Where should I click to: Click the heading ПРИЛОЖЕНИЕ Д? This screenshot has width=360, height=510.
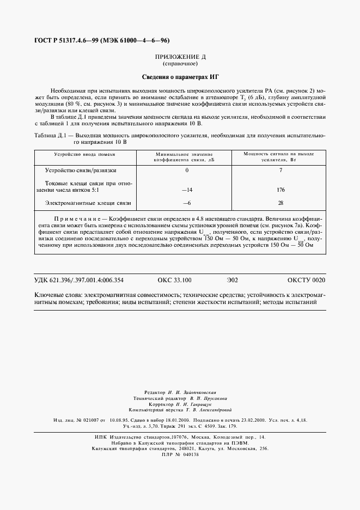click(180, 57)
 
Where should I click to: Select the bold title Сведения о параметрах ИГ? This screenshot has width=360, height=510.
click(180, 77)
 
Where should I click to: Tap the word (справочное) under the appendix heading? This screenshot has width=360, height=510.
click(180, 64)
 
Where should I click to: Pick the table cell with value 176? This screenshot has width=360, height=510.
click(281, 190)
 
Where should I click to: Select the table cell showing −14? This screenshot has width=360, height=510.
click(187, 190)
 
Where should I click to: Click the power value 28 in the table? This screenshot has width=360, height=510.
click(281, 203)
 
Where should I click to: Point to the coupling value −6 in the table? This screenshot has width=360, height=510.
click(187, 203)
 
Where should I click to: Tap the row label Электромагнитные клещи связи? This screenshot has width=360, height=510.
click(88, 203)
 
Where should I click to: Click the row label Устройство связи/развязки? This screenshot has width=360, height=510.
click(81, 171)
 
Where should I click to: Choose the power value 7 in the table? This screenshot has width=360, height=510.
click(281, 171)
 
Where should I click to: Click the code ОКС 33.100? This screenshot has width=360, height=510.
click(174, 280)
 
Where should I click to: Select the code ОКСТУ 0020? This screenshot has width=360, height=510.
click(306, 280)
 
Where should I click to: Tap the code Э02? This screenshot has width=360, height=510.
click(233, 280)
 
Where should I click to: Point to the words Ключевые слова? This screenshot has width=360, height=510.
click(56, 295)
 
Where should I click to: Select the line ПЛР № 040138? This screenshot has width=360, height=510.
click(180, 453)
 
